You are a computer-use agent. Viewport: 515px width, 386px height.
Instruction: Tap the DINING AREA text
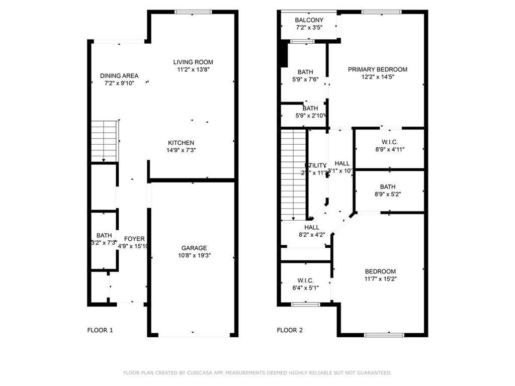[x=119, y=76]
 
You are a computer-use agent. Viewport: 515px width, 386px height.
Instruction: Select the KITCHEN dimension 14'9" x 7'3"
[x=181, y=150]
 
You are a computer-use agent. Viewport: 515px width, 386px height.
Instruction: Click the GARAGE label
[x=194, y=248]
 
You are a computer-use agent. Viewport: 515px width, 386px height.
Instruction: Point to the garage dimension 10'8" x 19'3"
[x=194, y=255]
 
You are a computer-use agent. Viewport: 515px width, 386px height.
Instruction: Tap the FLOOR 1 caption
[x=100, y=330]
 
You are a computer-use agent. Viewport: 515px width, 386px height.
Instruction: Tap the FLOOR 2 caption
[x=290, y=330]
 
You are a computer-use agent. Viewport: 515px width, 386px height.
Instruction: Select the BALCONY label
[x=309, y=20]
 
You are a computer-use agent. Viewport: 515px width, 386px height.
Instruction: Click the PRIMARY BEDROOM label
[x=377, y=69]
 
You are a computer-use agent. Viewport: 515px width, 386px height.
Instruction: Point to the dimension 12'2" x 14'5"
[x=377, y=77]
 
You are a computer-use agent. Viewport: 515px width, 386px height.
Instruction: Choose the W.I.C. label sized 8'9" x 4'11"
[x=390, y=142]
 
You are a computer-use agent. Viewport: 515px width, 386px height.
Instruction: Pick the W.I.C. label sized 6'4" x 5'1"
[x=305, y=280]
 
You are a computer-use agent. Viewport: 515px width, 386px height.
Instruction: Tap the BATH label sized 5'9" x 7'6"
[x=305, y=72]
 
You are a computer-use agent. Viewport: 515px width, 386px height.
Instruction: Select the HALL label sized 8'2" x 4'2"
[x=312, y=227]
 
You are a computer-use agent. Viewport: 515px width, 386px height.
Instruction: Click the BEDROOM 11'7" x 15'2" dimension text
[x=380, y=278]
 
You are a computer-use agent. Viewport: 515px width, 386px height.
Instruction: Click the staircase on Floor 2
[x=293, y=173]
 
